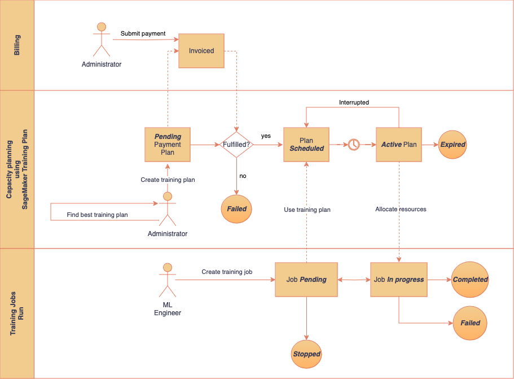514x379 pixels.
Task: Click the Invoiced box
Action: [x=201, y=51]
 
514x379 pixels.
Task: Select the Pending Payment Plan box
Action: [x=168, y=145]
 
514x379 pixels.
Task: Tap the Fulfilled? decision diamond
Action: [x=236, y=145]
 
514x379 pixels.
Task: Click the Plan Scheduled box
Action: [x=306, y=145]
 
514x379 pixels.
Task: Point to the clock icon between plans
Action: [x=353, y=145]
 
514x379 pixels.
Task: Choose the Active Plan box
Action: [x=399, y=145]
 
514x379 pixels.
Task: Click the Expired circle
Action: [x=453, y=145]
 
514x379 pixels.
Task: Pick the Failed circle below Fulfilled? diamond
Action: [x=236, y=209]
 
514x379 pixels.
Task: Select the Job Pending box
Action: [x=306, y=280]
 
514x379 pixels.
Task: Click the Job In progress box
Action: [x=399, y=280]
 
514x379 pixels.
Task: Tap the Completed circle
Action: [x=470, y=280]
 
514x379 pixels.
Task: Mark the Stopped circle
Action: [x=306, y=354]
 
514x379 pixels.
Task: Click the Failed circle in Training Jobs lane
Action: [x=470, y=323]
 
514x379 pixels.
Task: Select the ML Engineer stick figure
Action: [x=167, y=280]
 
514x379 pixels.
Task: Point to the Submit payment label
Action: [x=143, y=33]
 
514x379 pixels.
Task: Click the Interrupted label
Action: [x=354, y=102]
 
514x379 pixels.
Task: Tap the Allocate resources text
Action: [x=401, y=210]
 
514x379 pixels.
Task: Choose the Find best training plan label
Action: [x=97, y=215]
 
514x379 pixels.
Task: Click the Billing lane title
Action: [x=17, y=45]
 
